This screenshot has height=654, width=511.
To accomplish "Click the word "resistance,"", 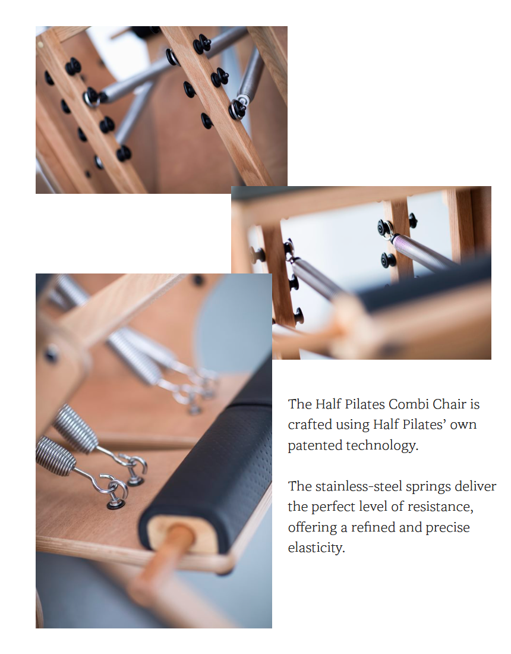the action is point(440,507).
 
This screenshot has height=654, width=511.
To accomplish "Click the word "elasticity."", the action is point(316,548).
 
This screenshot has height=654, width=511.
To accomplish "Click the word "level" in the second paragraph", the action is point(371,507).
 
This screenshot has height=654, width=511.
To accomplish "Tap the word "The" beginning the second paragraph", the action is point(299,486).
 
